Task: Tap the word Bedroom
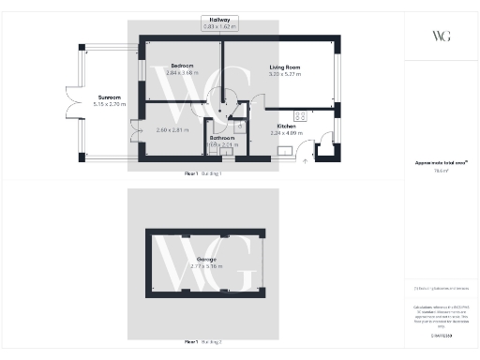point(183,66)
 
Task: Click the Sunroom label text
point(111,97)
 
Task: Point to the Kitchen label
point(287,127)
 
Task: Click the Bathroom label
point(221,138)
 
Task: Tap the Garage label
point(205,259)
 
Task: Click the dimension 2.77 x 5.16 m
point(205,266)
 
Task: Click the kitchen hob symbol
point(302,115)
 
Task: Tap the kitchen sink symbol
point(324,143)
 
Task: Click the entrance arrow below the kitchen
point(307,160)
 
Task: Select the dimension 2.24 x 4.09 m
point(287,133)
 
